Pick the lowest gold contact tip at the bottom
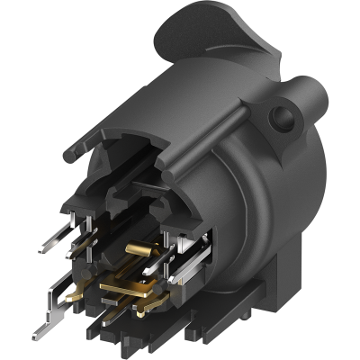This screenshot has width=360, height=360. coord(141,312)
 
